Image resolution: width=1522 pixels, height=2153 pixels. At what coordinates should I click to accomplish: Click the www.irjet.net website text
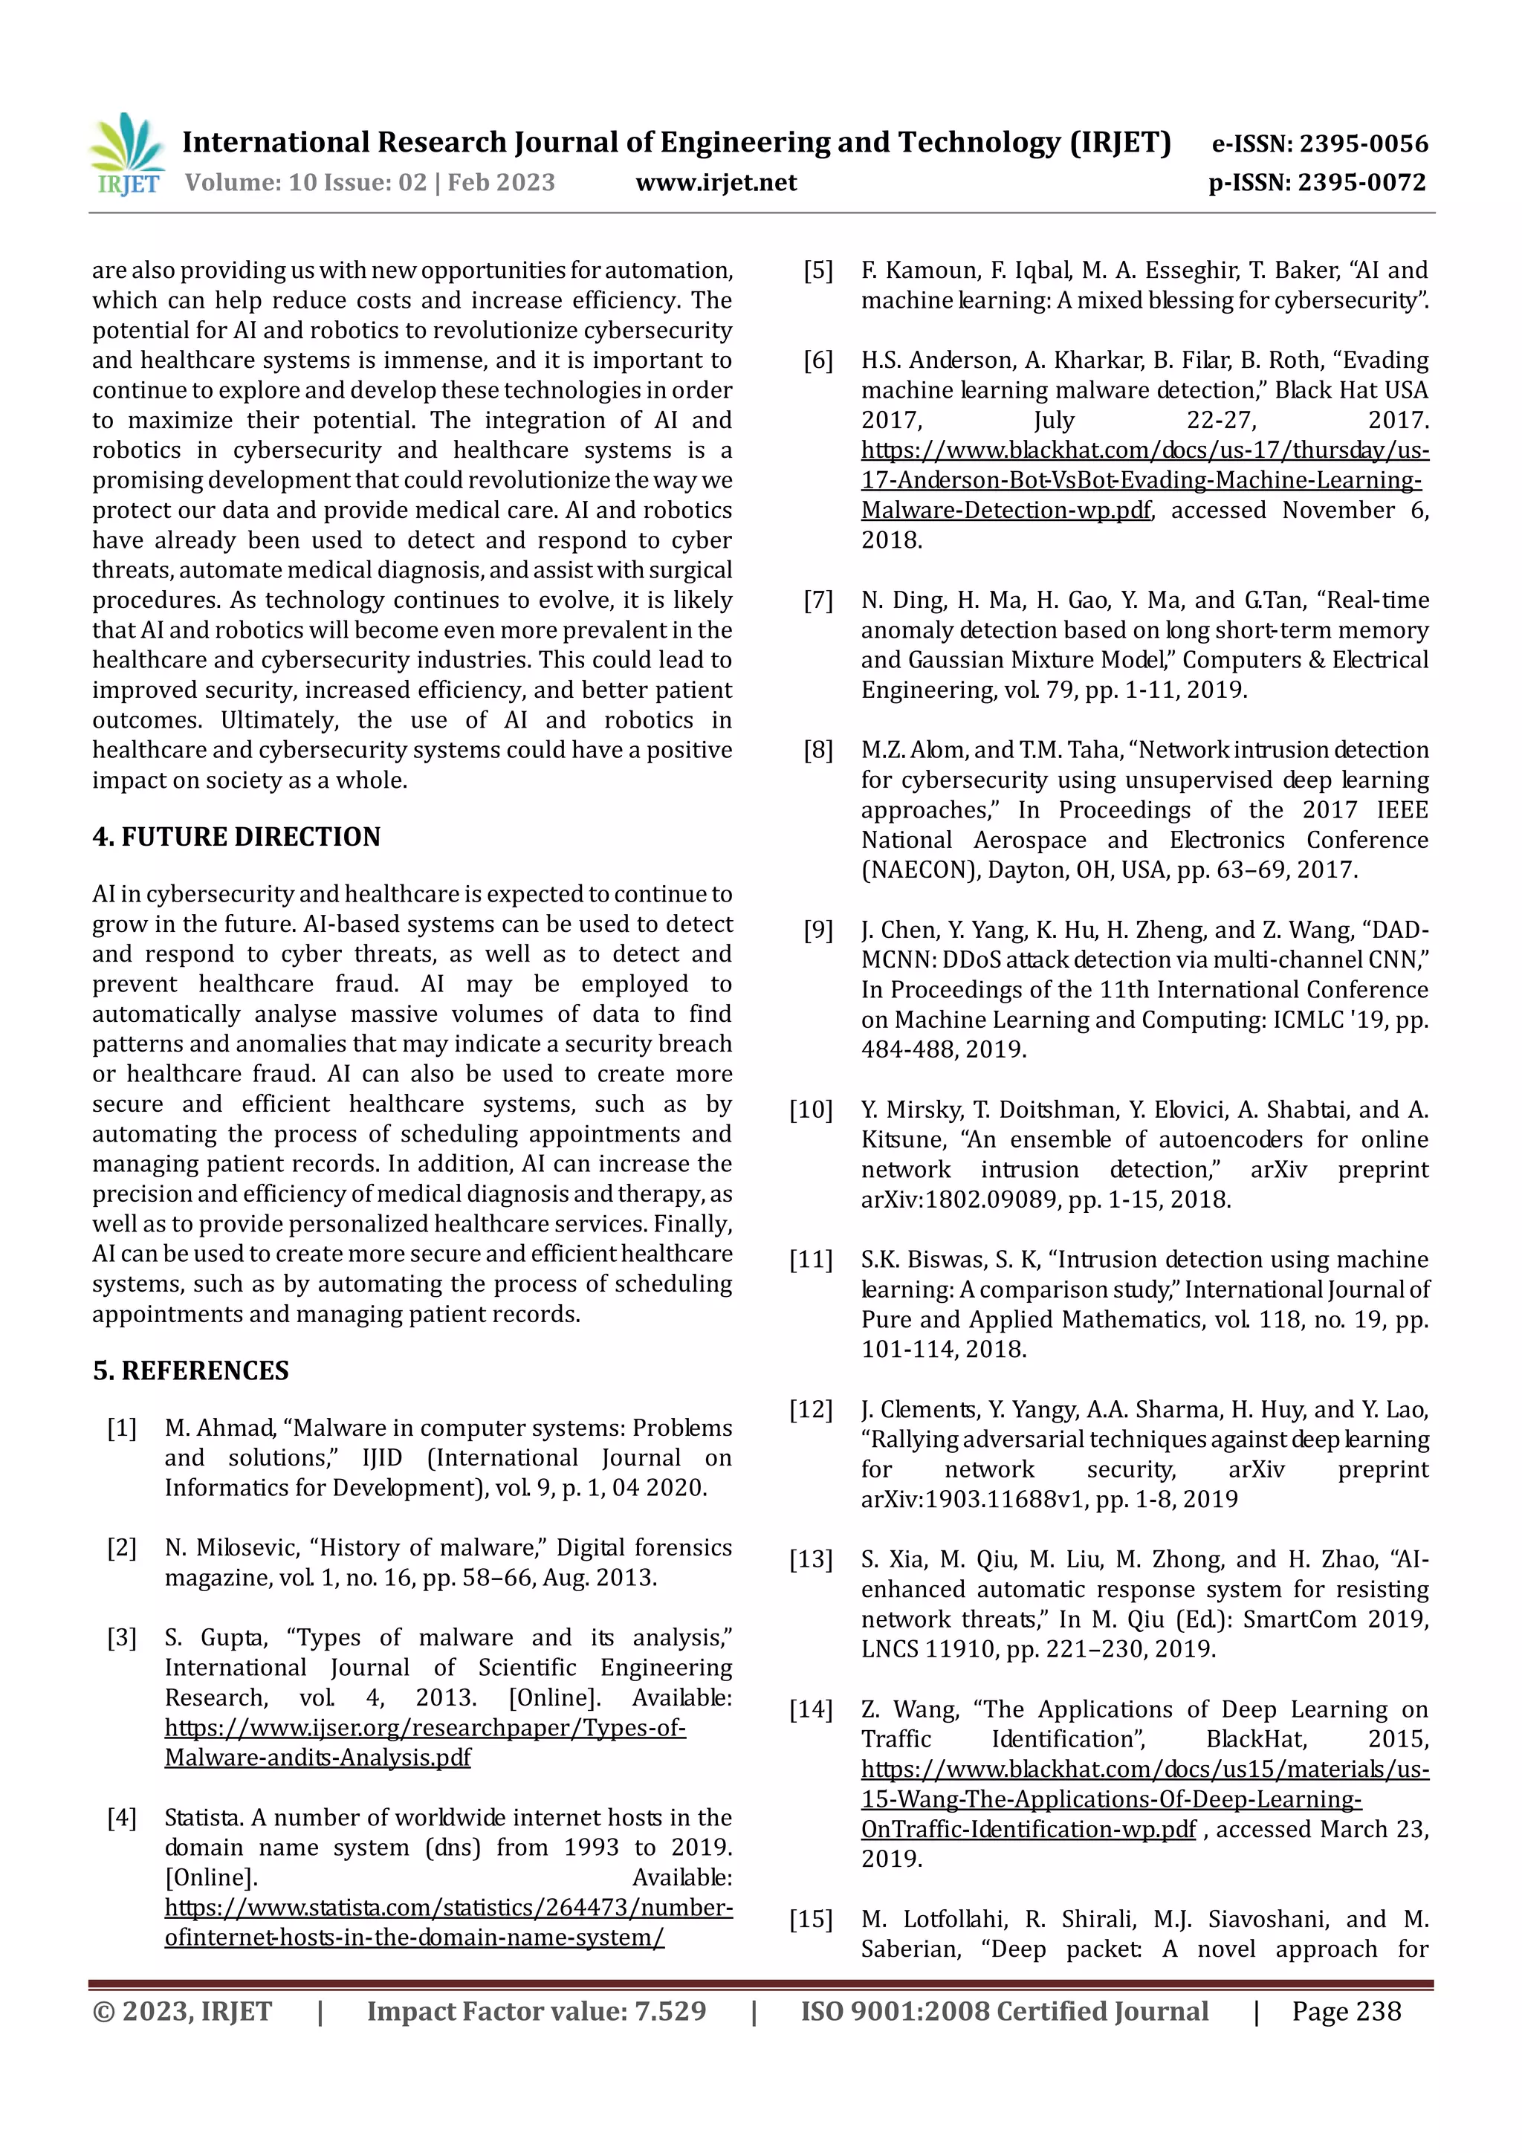(716, 183)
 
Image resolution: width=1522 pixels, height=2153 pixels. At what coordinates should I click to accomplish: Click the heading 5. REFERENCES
(190, 1371)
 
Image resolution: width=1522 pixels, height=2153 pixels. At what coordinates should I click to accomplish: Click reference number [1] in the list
(122, 1428)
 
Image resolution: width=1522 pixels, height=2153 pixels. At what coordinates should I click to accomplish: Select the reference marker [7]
(817, 600)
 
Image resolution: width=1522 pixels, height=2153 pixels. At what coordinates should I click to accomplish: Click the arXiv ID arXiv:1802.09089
(959, 1199)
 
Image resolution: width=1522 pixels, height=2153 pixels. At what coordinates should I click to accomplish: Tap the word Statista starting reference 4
(204, 1817)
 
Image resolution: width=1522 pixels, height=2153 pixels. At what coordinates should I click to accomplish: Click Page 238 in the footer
(1346, 2010)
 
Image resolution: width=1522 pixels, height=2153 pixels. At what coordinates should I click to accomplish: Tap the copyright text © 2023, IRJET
(182, 2010)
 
